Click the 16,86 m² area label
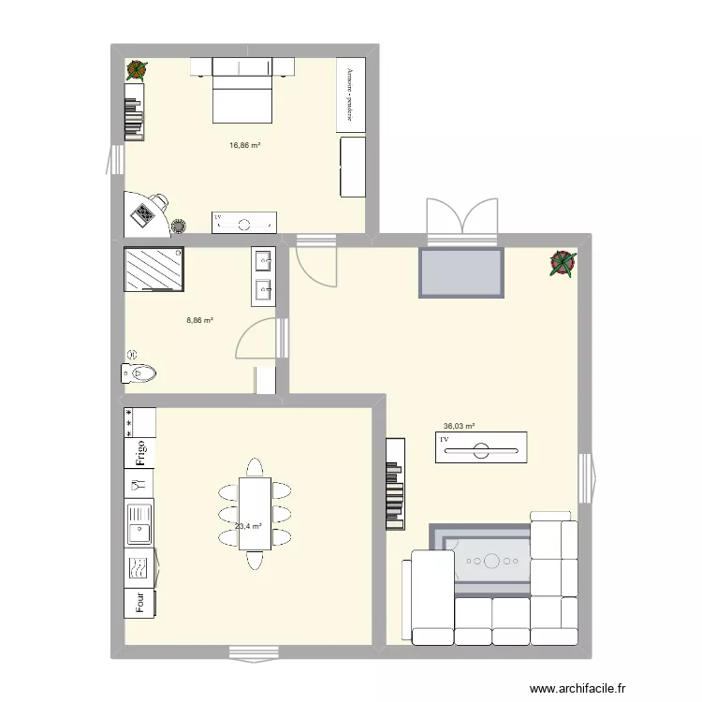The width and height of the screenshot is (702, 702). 245,145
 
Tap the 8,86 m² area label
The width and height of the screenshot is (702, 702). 200,320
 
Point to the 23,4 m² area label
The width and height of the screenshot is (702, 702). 247,526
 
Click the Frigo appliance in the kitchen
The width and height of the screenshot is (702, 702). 140,452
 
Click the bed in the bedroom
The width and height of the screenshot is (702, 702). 242,90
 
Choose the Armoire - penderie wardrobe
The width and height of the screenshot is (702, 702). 350,95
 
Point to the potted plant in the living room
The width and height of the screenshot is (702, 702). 563,263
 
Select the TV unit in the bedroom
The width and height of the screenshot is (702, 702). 244,221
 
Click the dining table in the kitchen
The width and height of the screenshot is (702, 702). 254,513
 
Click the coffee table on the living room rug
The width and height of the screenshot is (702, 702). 491,562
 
